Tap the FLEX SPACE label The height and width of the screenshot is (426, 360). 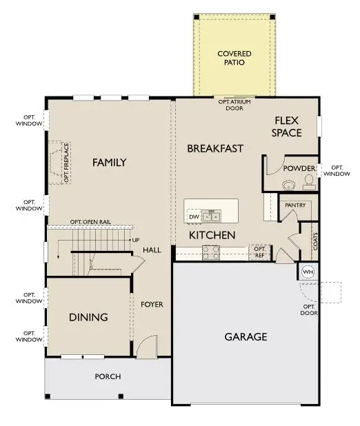[286, 126]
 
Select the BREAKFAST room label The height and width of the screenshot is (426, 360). [215, 148]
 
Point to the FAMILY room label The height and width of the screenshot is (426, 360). [109, 163]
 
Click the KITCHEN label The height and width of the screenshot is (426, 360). [212, 235]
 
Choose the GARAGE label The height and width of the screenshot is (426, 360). [246, 337]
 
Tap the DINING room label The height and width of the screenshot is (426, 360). [88, 317]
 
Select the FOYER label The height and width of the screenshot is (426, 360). [152, 304]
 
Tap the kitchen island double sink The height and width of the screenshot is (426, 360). [211, 216]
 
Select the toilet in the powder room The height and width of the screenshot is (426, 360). [308, 182]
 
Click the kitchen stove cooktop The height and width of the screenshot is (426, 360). [211, 253]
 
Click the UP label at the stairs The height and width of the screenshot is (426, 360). [136, 240]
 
